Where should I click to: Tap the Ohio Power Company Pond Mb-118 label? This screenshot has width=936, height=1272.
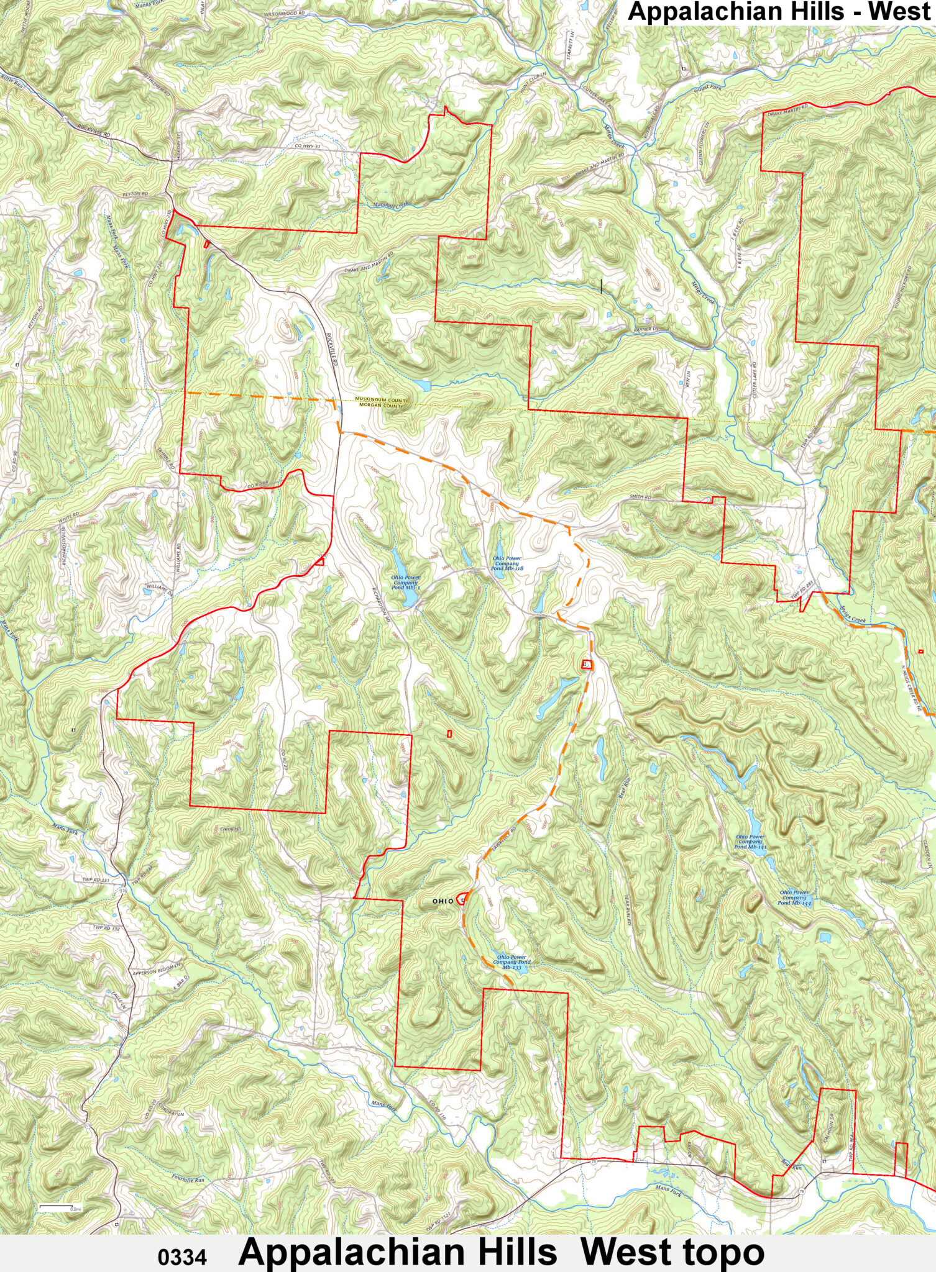[x=507, y=564]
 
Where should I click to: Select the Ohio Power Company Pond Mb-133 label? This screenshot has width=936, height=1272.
[x=512, y=963]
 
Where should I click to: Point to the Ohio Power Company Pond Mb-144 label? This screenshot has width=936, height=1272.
[x=794, y=897]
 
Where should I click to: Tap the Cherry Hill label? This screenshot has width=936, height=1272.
[x=231, y=829]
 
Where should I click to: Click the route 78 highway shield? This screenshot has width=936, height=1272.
[x=594, y=1161]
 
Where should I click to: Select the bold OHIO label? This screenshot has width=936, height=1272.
[x=443, y=901]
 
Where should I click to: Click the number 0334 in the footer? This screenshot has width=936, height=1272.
[x=181, y=1257]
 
